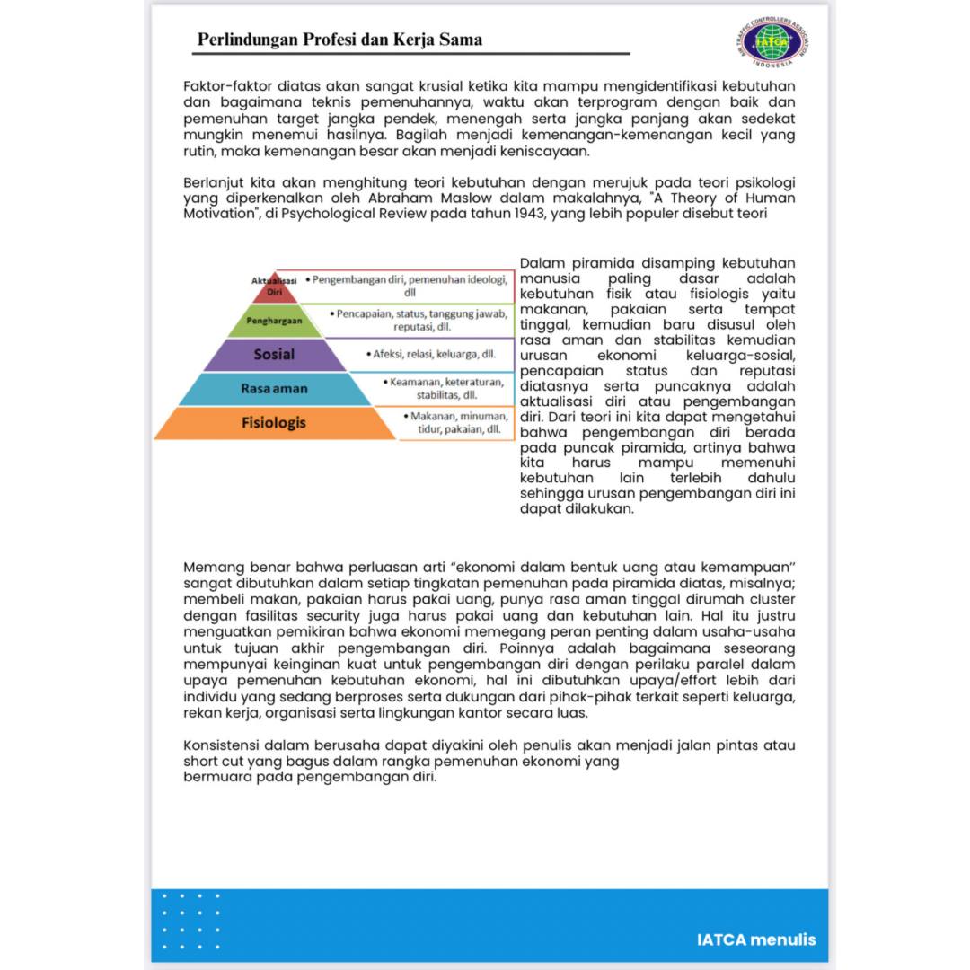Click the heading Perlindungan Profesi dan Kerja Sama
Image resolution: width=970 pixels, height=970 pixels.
pyautogui.click(x=339, y=40)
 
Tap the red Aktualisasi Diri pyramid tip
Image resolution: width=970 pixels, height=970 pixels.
pyautogui.click(x=274, y=287)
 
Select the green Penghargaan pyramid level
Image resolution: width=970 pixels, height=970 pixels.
pyautogui.click(x=274, y=320)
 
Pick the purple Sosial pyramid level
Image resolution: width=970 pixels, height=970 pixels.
pyautogui.click(x=274, y=354)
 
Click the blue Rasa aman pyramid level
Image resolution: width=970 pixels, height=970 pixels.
pyautogui.click(x=274, y=388)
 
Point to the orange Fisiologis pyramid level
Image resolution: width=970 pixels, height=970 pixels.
pyautogui.click(x=274, y=422)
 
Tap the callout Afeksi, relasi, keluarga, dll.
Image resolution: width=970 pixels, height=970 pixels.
pyautogui.click(x=430, y=354)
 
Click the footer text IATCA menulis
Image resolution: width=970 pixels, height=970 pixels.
pyautogui.click(x=756, y=939)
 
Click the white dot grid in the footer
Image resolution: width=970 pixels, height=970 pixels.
pyautogui.click(x=190, y=921)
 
